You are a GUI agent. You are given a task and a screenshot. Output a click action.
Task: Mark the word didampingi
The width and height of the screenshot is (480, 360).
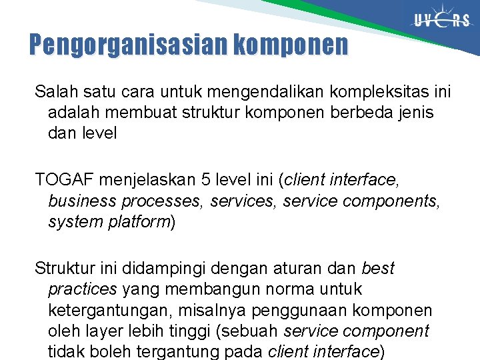[175, 269]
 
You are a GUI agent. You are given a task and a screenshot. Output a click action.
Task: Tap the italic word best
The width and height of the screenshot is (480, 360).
[378, 269]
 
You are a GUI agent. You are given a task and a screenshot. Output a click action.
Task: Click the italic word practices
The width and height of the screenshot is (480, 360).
[83, 290]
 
